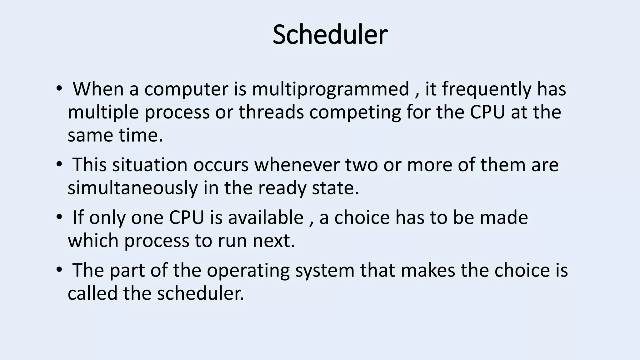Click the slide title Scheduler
330,35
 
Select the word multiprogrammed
330,89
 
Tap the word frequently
486,89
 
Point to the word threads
271,112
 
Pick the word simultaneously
133,188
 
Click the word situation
150,165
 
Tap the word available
266,217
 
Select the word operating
248,271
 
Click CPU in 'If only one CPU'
187,217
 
